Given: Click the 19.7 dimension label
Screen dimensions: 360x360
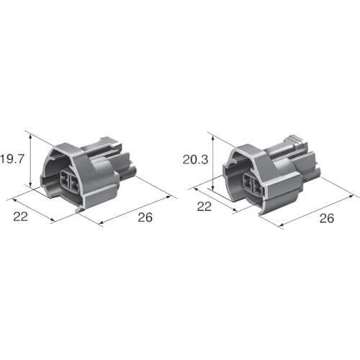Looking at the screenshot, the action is click(12, 159).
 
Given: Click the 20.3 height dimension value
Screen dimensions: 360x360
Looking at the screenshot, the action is click(195, 160).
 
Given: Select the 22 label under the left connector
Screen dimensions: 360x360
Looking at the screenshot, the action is click(20, 217).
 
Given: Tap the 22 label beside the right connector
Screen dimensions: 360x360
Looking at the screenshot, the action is click(204, 207).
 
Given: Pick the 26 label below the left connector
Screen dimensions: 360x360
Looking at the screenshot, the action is click(145, 217).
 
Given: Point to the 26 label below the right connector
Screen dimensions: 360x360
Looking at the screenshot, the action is click(327, 218).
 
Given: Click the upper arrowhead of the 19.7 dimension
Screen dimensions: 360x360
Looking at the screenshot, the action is click(30, 137).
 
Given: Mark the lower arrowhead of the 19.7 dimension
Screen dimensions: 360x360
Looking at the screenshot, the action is click(30, 184).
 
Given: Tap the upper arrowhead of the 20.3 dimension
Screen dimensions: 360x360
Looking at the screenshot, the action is click(212, 138).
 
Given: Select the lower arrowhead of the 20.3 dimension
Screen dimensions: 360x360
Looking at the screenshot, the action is click(212, 187).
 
